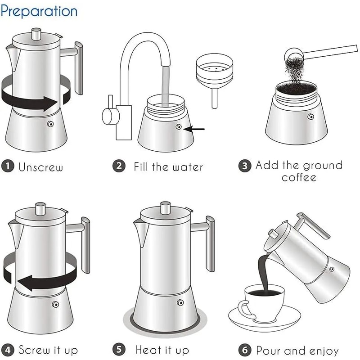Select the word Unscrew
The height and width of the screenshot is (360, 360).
[x=40, y=167]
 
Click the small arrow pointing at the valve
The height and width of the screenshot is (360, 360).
[x=194, y=129]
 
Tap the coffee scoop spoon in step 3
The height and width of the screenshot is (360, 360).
[x=315, y=52]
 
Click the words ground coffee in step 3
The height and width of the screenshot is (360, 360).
[x=299, y=171]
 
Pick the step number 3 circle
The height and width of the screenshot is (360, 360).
[x=244, y=166]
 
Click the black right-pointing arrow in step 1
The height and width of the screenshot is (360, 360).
[x=31, y=97]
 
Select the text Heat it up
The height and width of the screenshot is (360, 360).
[x=162, y=350]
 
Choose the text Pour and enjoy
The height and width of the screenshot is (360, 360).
[x=297, y=350]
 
